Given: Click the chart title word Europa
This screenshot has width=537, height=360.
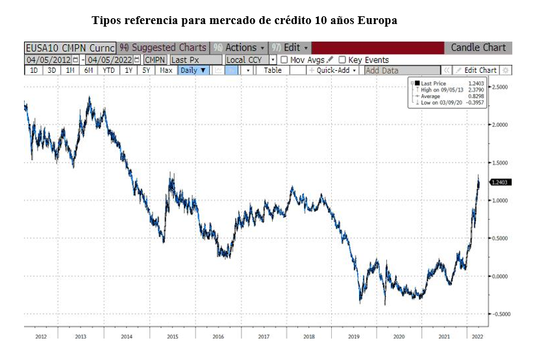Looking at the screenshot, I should coord(378,20).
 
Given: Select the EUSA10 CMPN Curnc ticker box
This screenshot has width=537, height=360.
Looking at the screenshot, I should coord(70,47).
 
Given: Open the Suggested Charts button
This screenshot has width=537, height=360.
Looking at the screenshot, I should coord(164,47).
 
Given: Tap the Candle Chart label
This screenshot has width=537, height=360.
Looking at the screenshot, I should coord(478,47).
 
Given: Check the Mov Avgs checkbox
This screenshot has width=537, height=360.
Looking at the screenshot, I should coord(284,60).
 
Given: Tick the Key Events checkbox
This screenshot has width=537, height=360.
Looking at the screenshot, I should coord(342,60).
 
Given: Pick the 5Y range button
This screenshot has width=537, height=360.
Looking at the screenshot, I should coord(147,70).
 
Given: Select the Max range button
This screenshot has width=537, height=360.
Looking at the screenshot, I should coord(166,70).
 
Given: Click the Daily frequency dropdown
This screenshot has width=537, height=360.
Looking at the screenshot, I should coord(193,70).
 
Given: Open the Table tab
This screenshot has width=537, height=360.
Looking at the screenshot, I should coord(273,70).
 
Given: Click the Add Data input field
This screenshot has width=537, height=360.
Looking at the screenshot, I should coord(401,70).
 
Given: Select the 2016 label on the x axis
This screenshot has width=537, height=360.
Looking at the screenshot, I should coord(218,337).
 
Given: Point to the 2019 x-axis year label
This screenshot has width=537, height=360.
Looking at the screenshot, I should coord(354,337).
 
